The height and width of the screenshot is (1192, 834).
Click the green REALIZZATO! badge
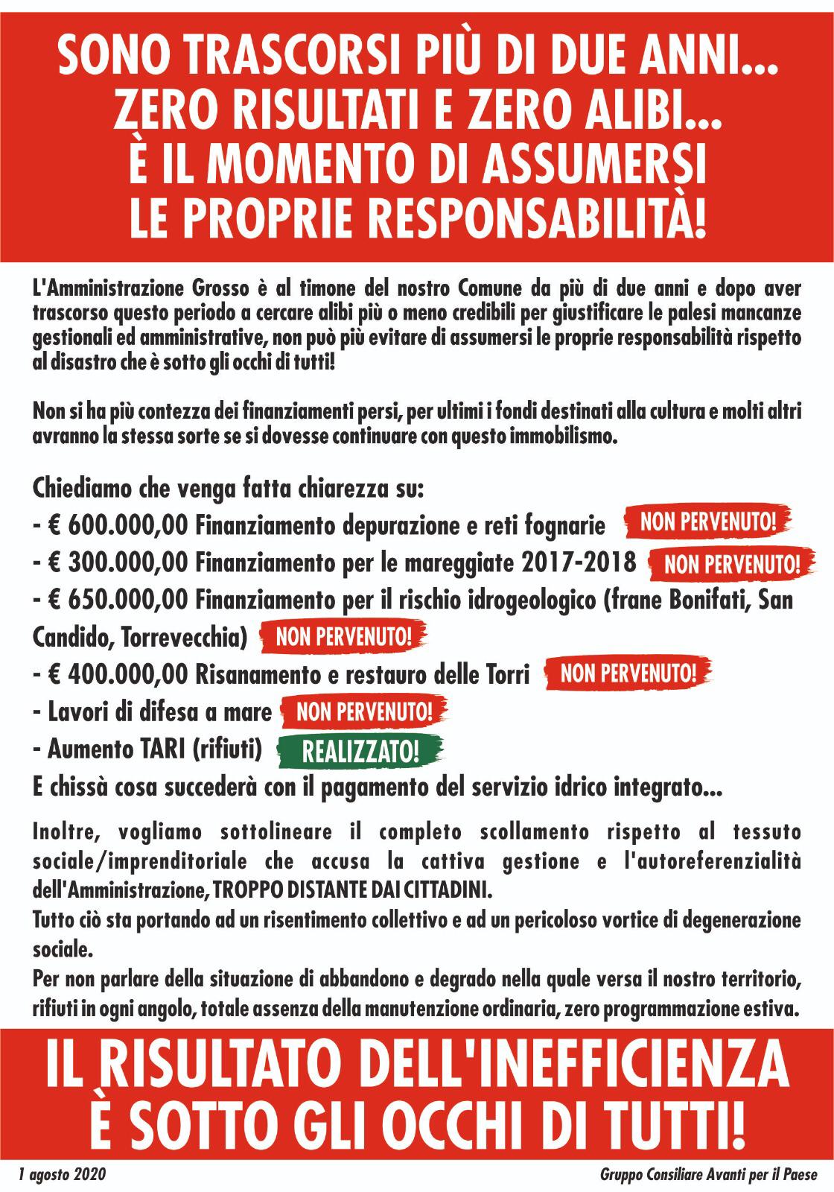360,751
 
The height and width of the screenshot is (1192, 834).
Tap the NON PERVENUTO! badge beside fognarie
707,522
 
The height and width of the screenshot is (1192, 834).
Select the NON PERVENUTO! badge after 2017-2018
733,563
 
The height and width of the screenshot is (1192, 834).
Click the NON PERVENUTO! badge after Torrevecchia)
343,637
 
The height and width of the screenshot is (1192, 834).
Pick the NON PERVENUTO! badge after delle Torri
628,674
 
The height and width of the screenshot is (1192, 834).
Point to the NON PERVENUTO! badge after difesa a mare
364,711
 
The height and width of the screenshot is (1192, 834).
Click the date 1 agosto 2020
63,1175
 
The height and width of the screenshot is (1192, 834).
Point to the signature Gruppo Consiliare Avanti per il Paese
708,1175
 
